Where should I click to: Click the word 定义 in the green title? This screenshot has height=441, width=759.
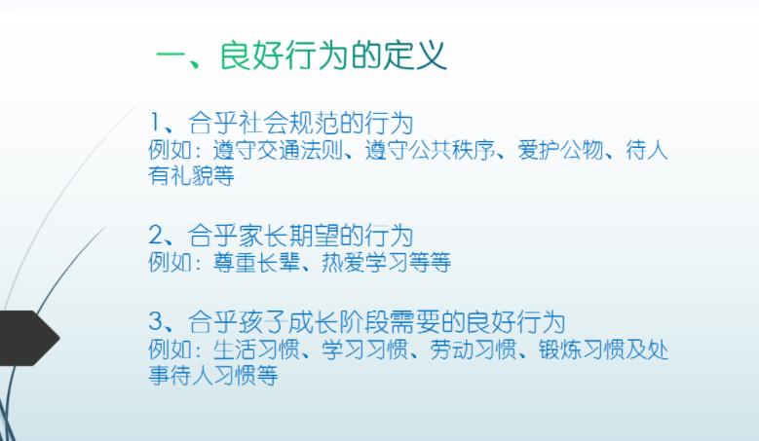coord(415,55)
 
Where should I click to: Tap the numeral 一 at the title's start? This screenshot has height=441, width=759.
coord(171,58)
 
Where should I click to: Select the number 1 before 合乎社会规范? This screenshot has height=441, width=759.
coord(155,122)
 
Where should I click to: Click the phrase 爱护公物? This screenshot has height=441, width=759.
coord(561,149)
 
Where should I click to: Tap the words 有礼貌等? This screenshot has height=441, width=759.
coord(191,175)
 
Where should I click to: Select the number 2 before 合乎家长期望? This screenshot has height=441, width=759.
coord(156,236)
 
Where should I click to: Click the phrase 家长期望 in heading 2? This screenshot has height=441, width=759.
coord(288,236)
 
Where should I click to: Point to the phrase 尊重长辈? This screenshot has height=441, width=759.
coord(256,263)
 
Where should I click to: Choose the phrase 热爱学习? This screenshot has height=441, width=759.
coord(365,263)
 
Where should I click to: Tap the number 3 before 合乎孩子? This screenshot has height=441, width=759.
coord(156,322)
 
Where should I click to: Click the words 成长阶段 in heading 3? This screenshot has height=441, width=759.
coord(338,322)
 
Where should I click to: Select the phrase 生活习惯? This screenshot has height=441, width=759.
coord(256,349)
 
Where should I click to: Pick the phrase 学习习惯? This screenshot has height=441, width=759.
coord(365,349)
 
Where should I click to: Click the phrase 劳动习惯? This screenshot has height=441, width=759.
coord(474,349)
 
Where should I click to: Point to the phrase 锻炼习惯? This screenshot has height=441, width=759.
coord(582,349)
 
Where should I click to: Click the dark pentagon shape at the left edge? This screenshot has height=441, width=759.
coord(29,338)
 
